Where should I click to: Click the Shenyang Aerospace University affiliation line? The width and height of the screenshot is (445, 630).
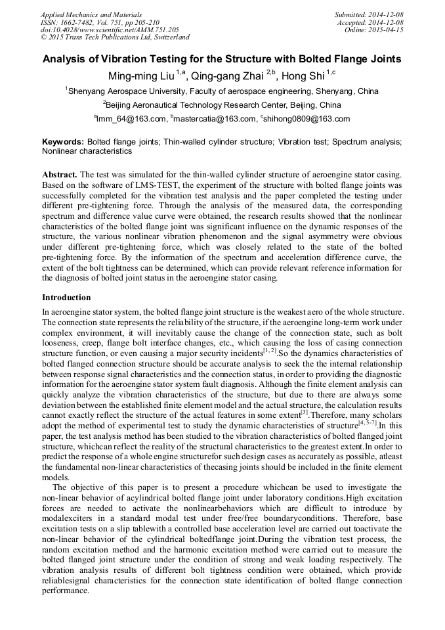coord(222,91)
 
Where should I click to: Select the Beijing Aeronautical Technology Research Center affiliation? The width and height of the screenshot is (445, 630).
coord(222,105)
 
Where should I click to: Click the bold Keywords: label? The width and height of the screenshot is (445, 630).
coord(63,142)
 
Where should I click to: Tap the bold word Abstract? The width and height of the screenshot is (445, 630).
coord(60,174)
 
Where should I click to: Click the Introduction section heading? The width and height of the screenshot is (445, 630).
coord(66,298)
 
